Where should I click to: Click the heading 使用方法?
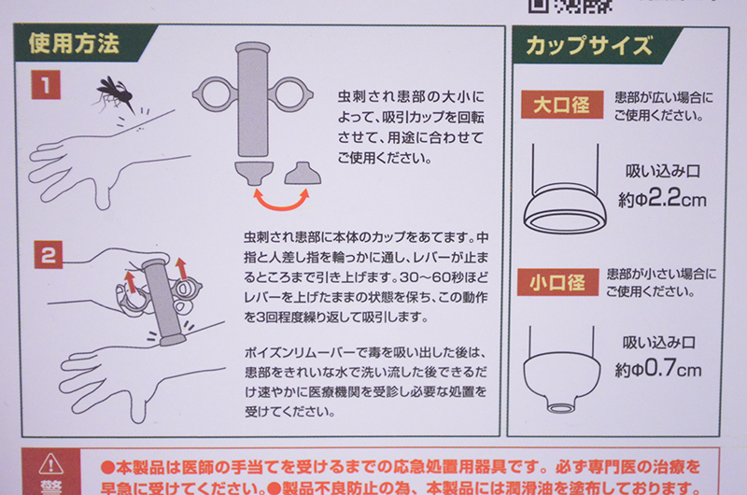74,44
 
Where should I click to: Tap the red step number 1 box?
46,85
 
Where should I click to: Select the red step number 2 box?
49,254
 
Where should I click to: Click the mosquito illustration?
113,92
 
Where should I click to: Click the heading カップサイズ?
589,46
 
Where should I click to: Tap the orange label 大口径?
562,105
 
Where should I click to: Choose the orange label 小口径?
557,282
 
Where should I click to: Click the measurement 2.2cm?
677,197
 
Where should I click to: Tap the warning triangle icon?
51,463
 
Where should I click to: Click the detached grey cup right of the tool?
303,173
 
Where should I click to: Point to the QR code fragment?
571,6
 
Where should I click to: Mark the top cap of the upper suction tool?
253,48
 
